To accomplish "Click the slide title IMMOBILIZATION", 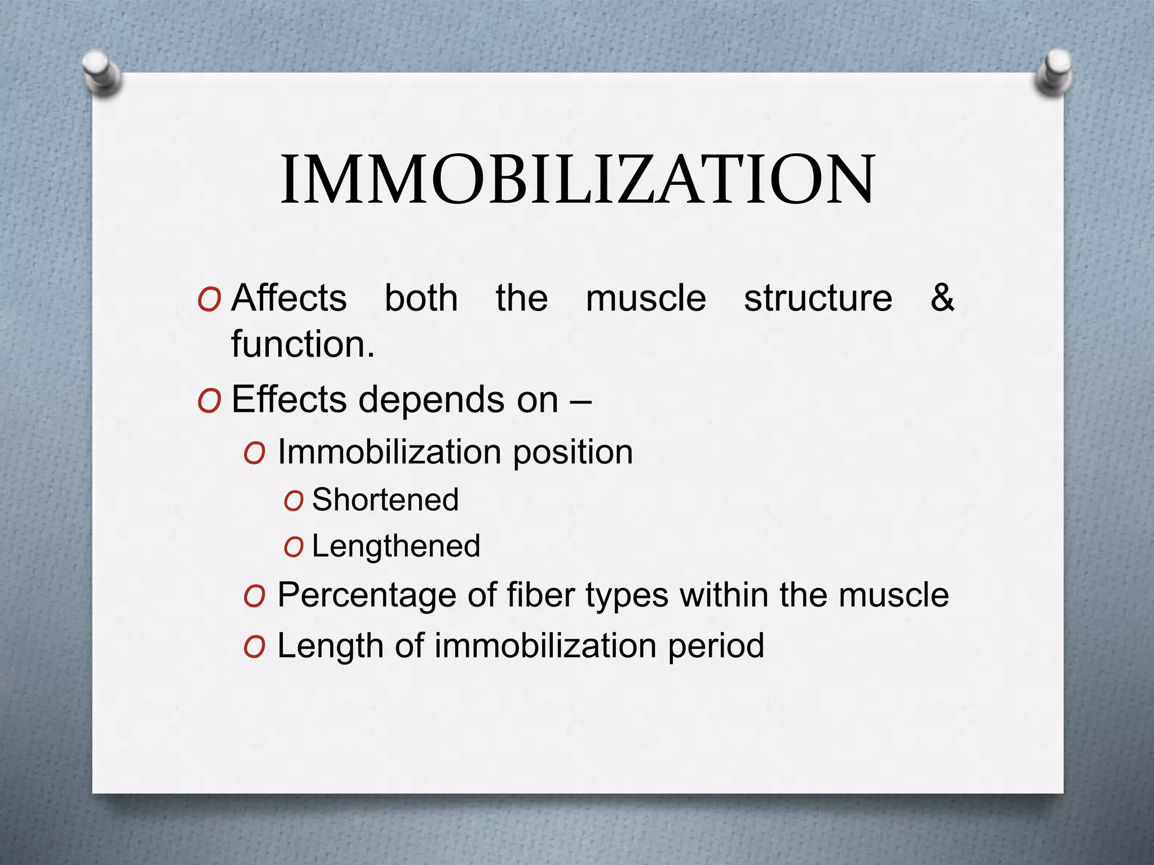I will tap(577, 180).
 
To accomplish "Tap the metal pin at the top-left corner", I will tap(102, 73).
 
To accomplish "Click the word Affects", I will tap(289, 298).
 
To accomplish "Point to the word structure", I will tap(818, 298).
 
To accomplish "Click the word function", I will tap(303, 344).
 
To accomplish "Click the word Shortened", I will tap(385, 500).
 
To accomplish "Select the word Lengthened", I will tap(396, 546).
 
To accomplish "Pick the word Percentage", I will tap(367, 595).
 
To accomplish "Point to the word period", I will tap(716, 646).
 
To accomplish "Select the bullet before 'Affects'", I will tap(209, 301).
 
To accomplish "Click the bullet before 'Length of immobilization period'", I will tap(254, 648).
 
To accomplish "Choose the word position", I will tap(572, 453).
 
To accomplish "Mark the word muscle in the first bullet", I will tap(646, 298).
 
